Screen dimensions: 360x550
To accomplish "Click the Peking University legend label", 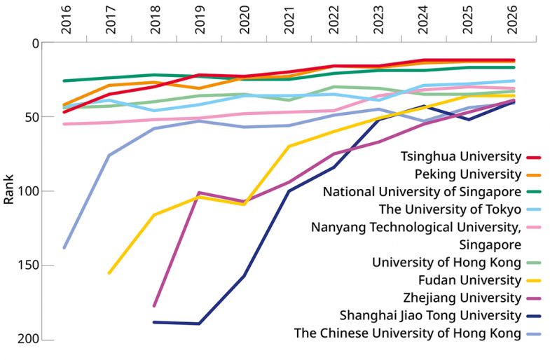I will pyautogui.click(x=467, y=174).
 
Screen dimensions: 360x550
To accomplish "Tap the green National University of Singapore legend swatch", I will pyautogui.click(x=535, y=192).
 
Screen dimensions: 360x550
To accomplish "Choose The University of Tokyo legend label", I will pyautogui.click(x=450, y=209).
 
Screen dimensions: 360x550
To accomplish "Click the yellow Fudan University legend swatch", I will pyautogui.click(x=535, y=280).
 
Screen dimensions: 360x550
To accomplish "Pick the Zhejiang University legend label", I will pyautogui.click(x=465, y=298).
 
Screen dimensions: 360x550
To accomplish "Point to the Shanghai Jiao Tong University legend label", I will pyautogui.click(x=430, y=315).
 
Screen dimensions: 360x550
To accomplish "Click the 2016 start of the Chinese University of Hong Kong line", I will pyautogui.click(x=64, y=247).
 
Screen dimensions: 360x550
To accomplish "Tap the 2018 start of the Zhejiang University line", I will pyautogui.click(x=154, y=305).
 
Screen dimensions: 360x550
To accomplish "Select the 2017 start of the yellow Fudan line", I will pyautogui.click(x=109, y=272).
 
